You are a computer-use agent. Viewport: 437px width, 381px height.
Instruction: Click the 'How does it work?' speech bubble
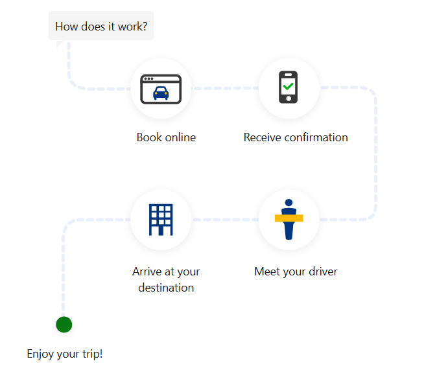coord(100,27)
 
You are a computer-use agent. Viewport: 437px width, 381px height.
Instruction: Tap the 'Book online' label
coord(166,137)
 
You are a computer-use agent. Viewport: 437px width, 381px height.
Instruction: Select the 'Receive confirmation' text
coord(296,137)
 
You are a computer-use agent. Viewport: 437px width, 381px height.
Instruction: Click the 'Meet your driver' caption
coord(296,271)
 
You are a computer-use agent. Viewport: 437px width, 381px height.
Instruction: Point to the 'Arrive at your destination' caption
coord(166,279)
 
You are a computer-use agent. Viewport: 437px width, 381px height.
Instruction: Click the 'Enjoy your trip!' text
coord(65,354)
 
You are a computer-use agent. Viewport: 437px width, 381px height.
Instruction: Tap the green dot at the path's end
coord(64,325)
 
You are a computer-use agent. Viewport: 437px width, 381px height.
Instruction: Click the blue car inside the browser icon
coord(161,94)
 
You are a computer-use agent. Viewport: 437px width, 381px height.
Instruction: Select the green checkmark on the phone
coord(289,86)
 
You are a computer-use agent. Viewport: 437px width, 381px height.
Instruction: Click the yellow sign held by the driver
coord(289,218)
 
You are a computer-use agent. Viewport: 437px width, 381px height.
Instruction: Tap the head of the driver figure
coord(289,203)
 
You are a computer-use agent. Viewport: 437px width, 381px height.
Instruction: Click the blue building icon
coord(161,220)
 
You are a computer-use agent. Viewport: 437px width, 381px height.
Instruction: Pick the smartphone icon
coord(289,87)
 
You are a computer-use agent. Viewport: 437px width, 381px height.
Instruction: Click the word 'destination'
coord(166,288)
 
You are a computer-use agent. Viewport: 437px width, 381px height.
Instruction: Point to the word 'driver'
coord(322,271)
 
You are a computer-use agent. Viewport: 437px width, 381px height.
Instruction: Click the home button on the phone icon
coord(289,98)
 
